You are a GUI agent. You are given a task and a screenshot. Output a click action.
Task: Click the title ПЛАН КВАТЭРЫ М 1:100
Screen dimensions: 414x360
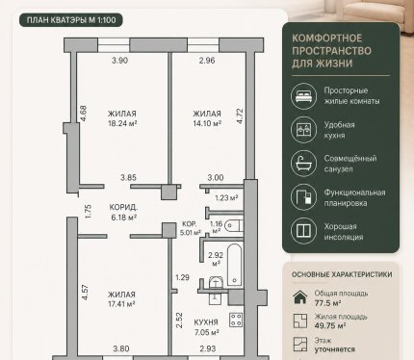[71, 20]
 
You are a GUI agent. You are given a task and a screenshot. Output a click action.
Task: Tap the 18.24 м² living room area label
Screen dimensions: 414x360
[122, 123]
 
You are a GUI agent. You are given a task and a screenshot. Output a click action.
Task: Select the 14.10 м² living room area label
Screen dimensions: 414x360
[207, 123]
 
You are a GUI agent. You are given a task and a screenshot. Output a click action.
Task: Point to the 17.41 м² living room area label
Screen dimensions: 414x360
[121, 304]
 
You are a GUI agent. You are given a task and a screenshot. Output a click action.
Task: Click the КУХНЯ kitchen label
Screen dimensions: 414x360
[206, 322]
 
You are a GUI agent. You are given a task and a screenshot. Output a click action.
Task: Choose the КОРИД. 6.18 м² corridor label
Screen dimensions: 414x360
[123, 212]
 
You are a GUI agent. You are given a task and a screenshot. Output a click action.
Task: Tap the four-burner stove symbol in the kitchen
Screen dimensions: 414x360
[236, 320]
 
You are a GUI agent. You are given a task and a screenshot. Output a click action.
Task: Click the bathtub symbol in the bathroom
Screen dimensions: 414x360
[234, 265]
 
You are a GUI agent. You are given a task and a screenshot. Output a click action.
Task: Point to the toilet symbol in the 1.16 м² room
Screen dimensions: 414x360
[233, 225]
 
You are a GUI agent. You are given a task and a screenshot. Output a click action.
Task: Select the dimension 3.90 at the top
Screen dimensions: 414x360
[119, 61]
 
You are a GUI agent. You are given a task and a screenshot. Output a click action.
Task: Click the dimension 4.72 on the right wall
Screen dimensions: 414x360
[240, 116]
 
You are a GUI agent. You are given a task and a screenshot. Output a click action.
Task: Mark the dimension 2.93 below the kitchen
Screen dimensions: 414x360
[208, 348]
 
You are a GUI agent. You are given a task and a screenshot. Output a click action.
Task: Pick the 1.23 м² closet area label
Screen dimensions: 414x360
[226, 198]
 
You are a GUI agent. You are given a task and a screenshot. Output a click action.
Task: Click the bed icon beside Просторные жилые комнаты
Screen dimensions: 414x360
[303, 96]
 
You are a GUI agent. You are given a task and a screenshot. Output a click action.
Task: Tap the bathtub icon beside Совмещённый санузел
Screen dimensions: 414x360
[303, 164]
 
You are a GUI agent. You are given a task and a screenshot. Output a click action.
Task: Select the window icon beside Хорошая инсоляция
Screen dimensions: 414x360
[303, 231]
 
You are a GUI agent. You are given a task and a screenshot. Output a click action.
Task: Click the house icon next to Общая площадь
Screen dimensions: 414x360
[300, 297]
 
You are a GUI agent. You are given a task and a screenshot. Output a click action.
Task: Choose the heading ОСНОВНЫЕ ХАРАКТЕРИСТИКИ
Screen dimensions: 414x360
[342, 274]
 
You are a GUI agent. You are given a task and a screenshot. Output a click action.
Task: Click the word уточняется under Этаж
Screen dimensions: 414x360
[335, 349]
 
